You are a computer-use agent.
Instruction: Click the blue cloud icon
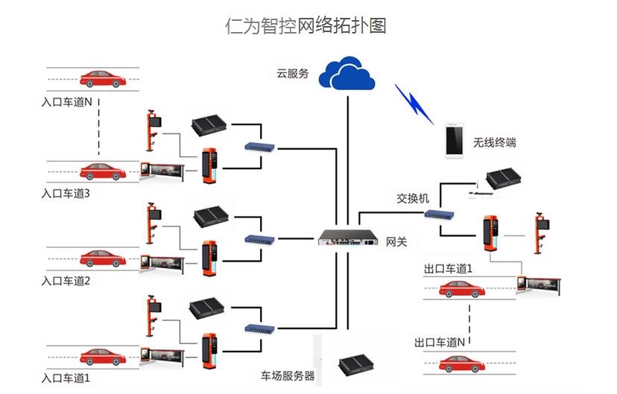pyautogui.click(x=346, y=72)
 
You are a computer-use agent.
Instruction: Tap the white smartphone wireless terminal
pyautogui.click(x=452, y=140)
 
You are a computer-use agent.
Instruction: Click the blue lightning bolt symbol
pyautogui.click(x=414, y=104)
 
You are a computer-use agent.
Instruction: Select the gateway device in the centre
pyautogui.click(x=348, y=238)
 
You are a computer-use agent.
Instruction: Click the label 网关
pyautogui.click(x=396, y=243)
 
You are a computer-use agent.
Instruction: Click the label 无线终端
pyautogui.click(x=495, y=142)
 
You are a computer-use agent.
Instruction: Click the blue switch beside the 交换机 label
pyautogui.click(x=440, y=215)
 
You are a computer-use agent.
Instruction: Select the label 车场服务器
pyautogui.click(x=288, y=375)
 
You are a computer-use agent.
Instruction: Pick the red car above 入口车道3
pyautogui.click(x=102, y=171)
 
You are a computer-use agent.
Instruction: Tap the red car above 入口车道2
pyautogui.click(x=102, y=258)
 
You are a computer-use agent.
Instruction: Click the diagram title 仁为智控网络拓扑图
pyautogui.click(x=306, y=25)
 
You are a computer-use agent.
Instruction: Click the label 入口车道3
pyautogui.click(x=66, y=194)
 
